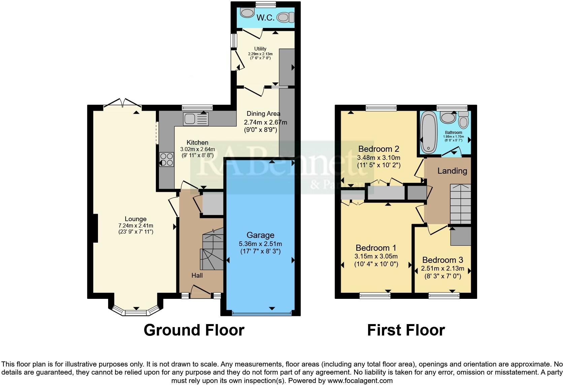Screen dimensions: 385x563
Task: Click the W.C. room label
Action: pos(265,18)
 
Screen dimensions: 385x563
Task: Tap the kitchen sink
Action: pos(196,119)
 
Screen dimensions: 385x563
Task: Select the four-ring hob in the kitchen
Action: pos(166,160)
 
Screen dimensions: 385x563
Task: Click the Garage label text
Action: pos(260,235)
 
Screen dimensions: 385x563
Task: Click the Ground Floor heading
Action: pos(194,330)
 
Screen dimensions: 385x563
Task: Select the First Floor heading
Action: pos(406,330)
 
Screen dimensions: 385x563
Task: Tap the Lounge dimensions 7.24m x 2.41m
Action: pos(136,225)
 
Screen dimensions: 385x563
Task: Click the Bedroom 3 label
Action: pos(442,260)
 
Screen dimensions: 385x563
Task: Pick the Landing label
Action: pos(452,171)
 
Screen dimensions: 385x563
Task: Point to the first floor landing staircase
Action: pos(460,204)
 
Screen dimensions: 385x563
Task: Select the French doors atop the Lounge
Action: pos(123,102)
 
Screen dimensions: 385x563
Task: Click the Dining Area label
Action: pos(263,114)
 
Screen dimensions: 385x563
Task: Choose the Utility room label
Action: pos(260,49)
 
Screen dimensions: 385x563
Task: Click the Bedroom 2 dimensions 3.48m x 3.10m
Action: pos(378,157)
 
